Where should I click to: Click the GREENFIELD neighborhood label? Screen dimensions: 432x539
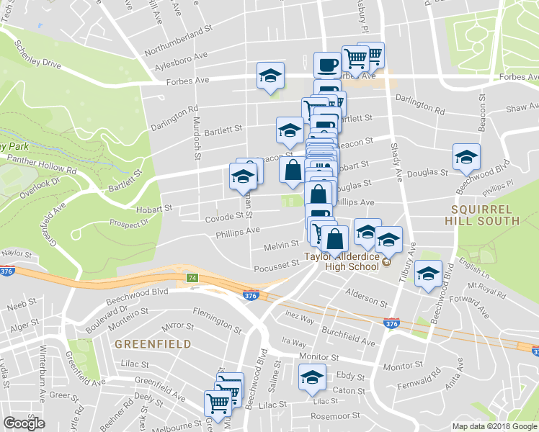[x=152, y=344]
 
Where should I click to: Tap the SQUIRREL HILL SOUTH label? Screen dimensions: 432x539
[x=481, y=215]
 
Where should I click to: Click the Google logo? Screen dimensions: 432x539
[x=24, y=423]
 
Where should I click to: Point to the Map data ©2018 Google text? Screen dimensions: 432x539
[x=494, y=426]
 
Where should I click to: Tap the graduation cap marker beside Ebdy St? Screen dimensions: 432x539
[x=312, y=377]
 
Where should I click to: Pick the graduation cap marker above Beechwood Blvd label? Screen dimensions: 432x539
[x=466, y=156]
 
